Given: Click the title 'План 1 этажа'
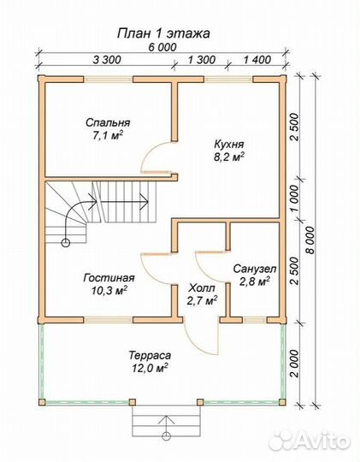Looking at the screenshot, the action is (163, 33).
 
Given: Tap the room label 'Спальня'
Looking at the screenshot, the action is (108, 122).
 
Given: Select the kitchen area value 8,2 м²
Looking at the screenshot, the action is (229, 157).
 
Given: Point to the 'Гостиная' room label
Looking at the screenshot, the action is (109, 278).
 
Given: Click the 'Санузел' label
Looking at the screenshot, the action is (255, 269).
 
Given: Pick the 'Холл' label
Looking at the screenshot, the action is (202, 287).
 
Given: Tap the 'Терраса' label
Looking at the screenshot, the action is (150, 355).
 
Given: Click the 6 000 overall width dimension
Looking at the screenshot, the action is (162, 47).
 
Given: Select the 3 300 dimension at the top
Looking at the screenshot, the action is (107, 60).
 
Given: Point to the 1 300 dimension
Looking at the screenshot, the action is (202, 60).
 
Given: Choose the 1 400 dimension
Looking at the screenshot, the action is (257, 60).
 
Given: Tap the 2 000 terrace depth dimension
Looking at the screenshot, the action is (294, 364).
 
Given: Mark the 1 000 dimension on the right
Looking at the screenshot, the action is (294, 198).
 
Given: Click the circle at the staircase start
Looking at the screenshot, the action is (65, 243).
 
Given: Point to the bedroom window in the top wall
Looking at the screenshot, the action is (108, 79).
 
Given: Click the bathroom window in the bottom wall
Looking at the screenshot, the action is (255, 320).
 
